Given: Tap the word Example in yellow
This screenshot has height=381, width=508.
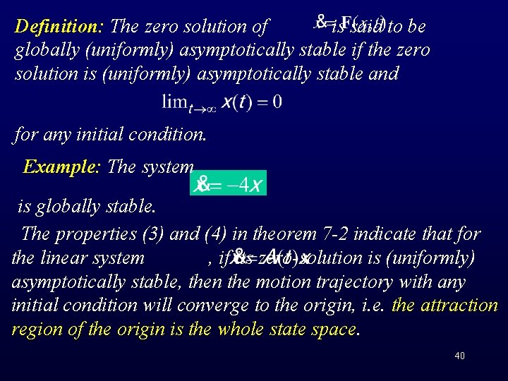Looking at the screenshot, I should [63, 167].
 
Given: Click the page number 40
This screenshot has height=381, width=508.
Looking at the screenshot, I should [459, 356].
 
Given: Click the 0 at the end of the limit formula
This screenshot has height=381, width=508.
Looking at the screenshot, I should [277, 102].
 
